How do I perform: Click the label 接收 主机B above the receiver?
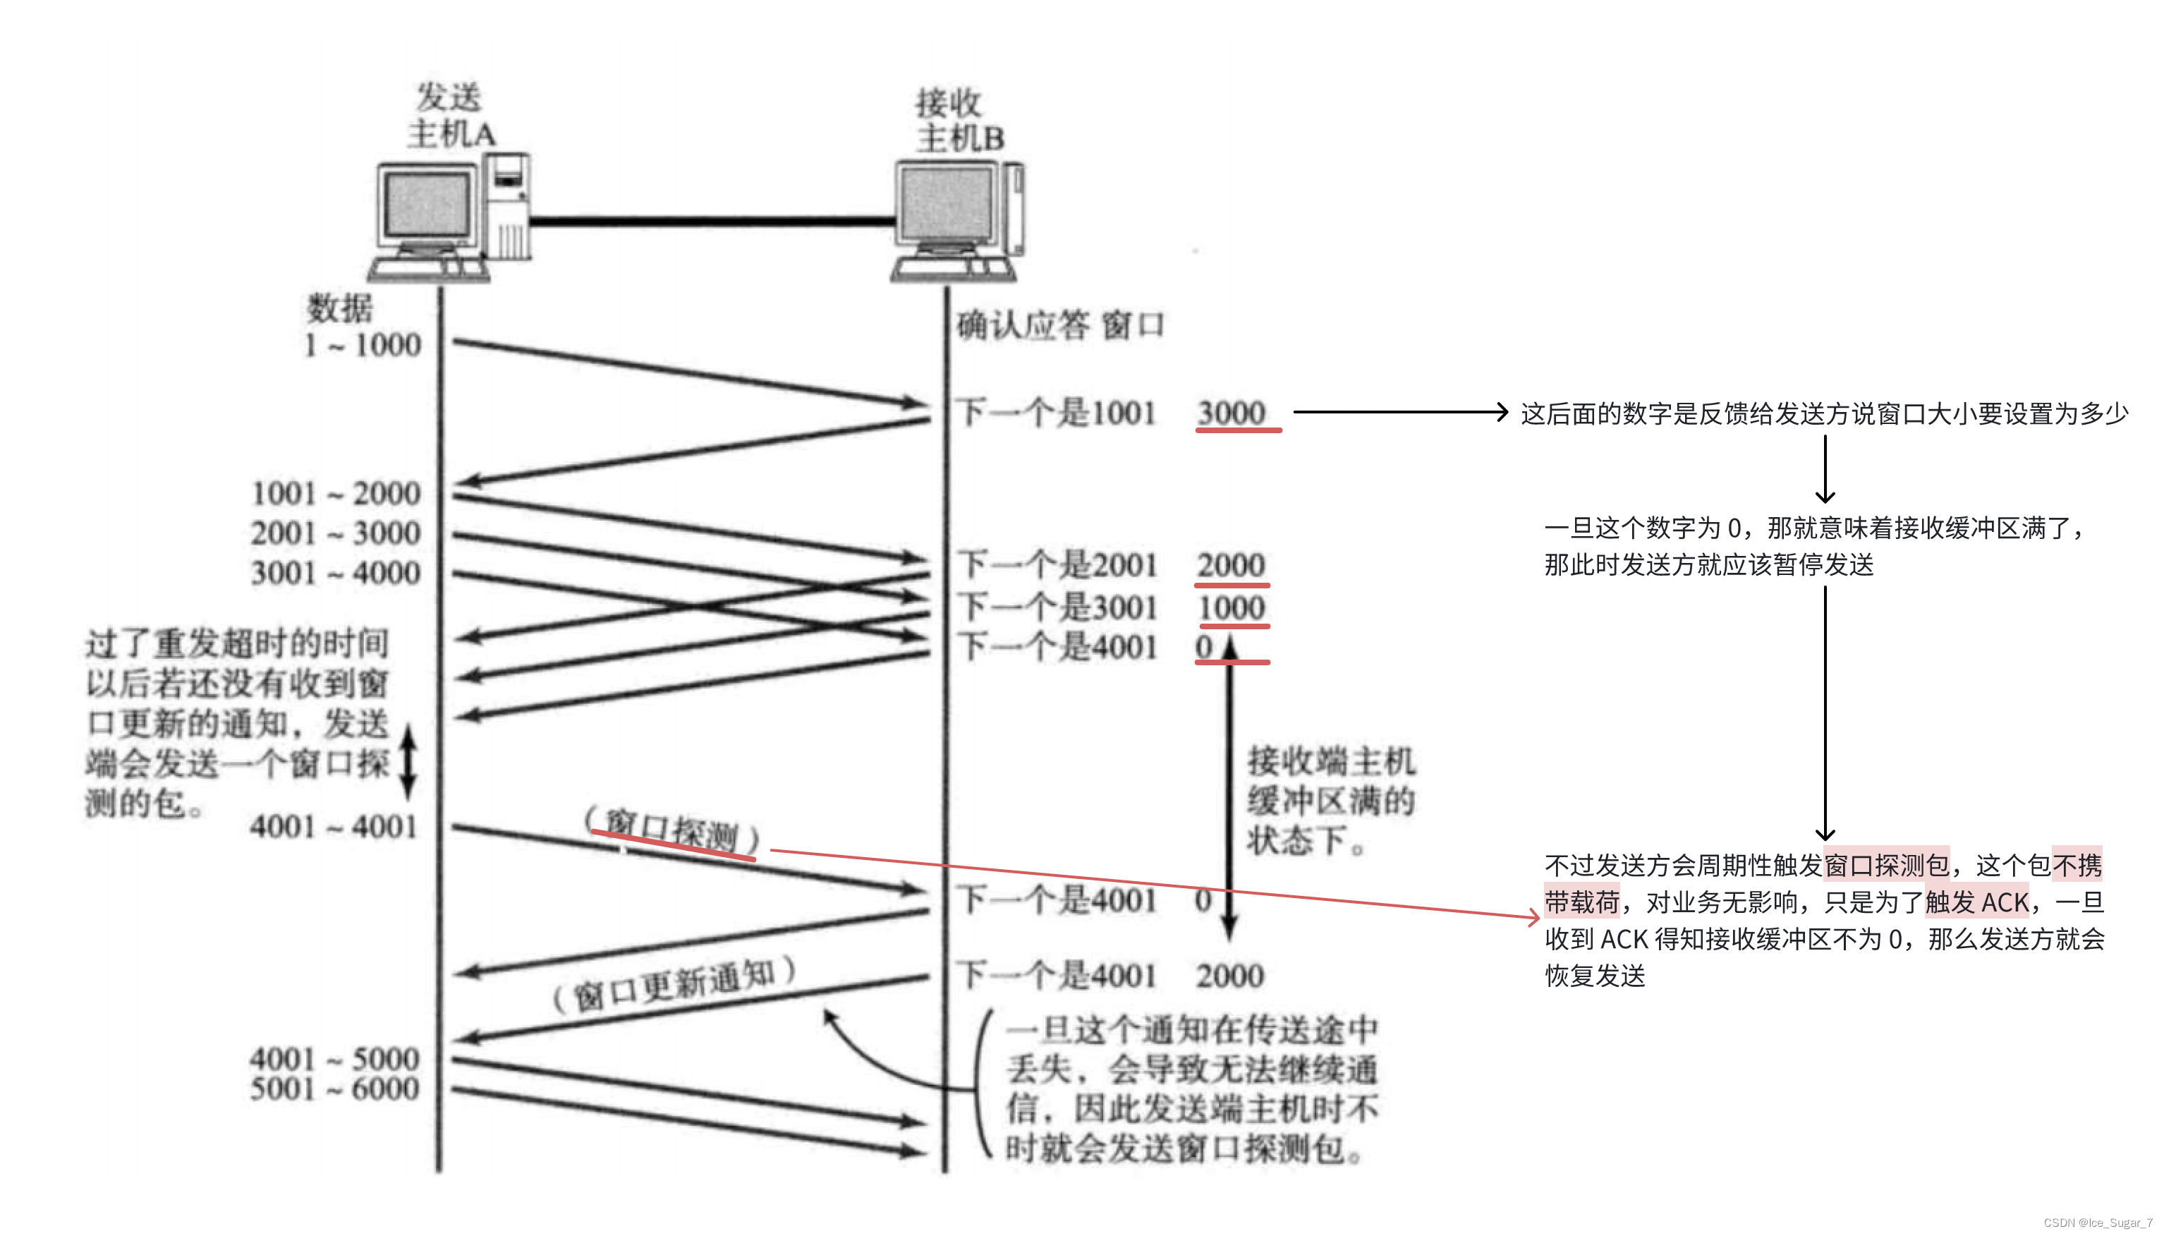coord(957,121)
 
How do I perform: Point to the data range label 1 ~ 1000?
coord(363,345)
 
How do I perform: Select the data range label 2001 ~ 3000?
coord(335,533)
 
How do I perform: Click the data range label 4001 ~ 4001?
coord(334,826)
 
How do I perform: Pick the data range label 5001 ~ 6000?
coord(334,1089)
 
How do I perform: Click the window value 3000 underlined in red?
coord(1232,413)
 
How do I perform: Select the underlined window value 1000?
coord(1232,608)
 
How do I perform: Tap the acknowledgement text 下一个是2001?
coord(1057,565)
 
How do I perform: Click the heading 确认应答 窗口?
coord(1060,325)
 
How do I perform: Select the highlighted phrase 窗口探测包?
coord(1885,865)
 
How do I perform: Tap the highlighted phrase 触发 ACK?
coord(1976,902)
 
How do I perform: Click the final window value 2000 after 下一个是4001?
coord(1229,976)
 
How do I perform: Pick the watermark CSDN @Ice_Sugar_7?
coord(2097,1223)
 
